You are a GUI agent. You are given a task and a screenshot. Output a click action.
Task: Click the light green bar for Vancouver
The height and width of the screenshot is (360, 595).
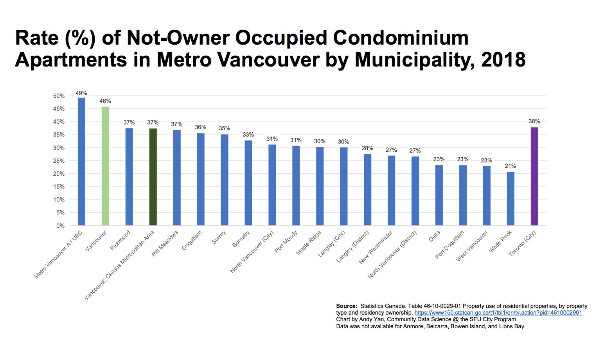[105, 166]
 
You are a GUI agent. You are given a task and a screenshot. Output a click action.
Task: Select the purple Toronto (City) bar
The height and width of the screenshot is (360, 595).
[534, 176]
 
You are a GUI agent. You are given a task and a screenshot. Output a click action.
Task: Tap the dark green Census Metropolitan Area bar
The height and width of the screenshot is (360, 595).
[153, 177]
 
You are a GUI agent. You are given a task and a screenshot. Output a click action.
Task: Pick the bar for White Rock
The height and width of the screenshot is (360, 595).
[511, 199]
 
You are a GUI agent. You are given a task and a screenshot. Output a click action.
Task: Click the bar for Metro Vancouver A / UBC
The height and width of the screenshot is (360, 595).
[81, 161]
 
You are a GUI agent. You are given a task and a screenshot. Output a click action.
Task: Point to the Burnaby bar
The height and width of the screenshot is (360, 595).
[248, 183]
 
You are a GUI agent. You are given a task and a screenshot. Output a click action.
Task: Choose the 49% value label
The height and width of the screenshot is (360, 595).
[81, 93]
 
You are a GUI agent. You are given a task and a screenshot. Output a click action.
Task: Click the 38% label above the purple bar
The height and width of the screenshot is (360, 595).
[534, 121]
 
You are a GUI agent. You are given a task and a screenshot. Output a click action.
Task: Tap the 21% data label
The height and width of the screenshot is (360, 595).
[511, 166]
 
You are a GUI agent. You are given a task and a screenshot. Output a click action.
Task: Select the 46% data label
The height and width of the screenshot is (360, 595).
[105, 101]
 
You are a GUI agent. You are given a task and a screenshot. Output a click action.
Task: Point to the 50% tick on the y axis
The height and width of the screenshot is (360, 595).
[59, 96]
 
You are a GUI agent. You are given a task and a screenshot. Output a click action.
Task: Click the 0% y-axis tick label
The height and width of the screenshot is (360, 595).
[60, 226]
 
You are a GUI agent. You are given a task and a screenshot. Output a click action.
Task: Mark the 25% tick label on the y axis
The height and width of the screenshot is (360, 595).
[59, 161]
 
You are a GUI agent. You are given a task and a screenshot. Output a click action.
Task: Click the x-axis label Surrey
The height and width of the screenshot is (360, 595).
[219, 238]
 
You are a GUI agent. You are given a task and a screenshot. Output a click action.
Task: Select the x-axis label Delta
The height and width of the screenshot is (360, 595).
[435, 236]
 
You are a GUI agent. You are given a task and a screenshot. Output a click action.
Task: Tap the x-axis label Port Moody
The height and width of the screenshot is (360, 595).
[286, 242]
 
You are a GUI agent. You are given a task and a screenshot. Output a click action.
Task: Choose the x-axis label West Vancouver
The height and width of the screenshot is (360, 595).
[472, 246]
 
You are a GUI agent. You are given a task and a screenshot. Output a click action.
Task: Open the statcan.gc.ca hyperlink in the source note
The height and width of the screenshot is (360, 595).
[498, 313]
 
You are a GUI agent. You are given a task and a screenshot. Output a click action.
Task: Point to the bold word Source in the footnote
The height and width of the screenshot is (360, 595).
[347, 306]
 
